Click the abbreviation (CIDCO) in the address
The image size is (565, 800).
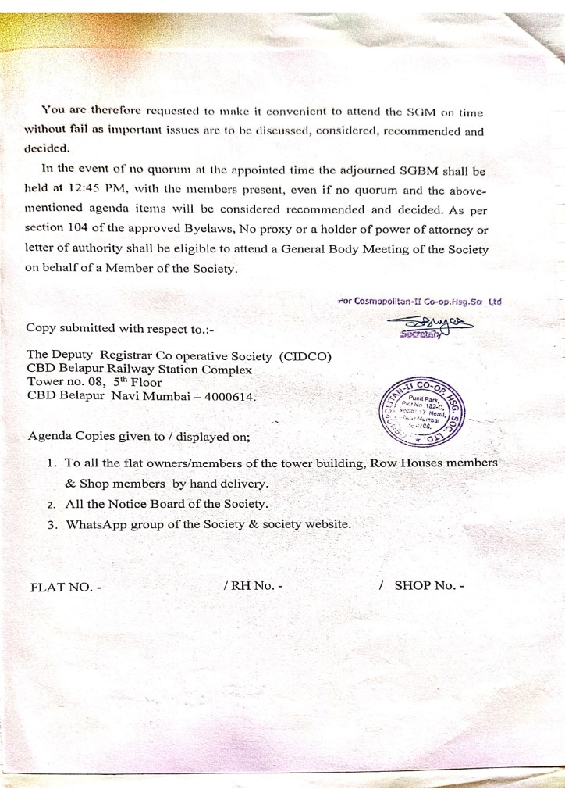tap(304, 356)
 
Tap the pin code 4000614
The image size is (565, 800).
tap(232, 396)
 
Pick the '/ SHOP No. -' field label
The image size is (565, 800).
tap(421, 584)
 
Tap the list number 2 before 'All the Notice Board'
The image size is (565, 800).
tap(50, 504)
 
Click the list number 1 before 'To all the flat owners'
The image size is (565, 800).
tap(51, 463)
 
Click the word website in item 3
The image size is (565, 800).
tap(322, 523)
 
